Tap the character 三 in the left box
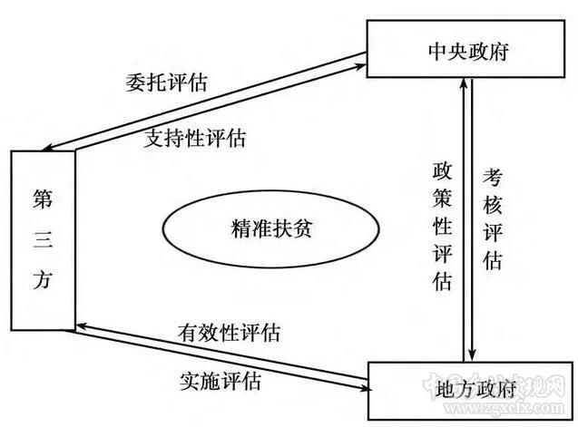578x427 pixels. [43, 238]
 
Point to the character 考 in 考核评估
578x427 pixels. [492, 177]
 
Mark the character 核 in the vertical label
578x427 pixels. [492, 205]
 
